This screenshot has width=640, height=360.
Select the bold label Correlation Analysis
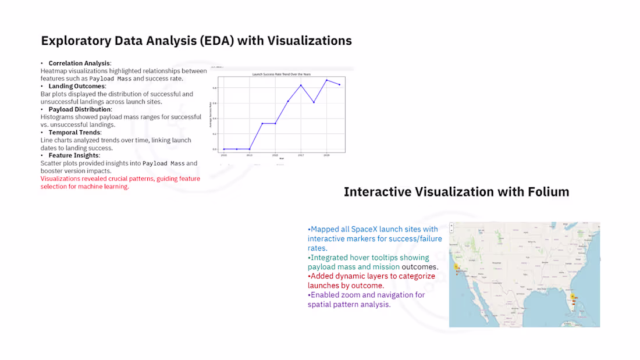click(x=79, y=63)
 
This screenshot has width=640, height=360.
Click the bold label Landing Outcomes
click(x=77, y=86)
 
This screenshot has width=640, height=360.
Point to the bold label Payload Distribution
click(x=80, y=109)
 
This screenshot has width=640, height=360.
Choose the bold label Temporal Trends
click(x=74, y=133)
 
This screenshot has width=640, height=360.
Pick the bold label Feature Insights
click(x=74, y=156)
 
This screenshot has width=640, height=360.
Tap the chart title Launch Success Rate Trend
click(x=282, y=74)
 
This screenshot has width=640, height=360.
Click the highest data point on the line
click(x=327, y=80)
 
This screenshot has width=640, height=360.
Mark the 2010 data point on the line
click(x=224, y=149)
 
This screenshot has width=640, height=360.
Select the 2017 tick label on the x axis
click(x=301, y=156)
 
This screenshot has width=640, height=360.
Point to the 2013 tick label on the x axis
click(x=250, y=156)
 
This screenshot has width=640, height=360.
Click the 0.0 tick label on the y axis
click(x=215, y=149)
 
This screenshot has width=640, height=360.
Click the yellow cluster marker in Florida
click(x=573, y=297)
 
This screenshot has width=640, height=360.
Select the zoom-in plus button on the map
click(x=454, y=227)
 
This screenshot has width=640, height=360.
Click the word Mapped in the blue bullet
click(x=325, y=229)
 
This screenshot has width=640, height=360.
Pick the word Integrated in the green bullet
click(x=330, y=257)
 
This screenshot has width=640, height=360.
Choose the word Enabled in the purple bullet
click(x=325, y=295)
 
